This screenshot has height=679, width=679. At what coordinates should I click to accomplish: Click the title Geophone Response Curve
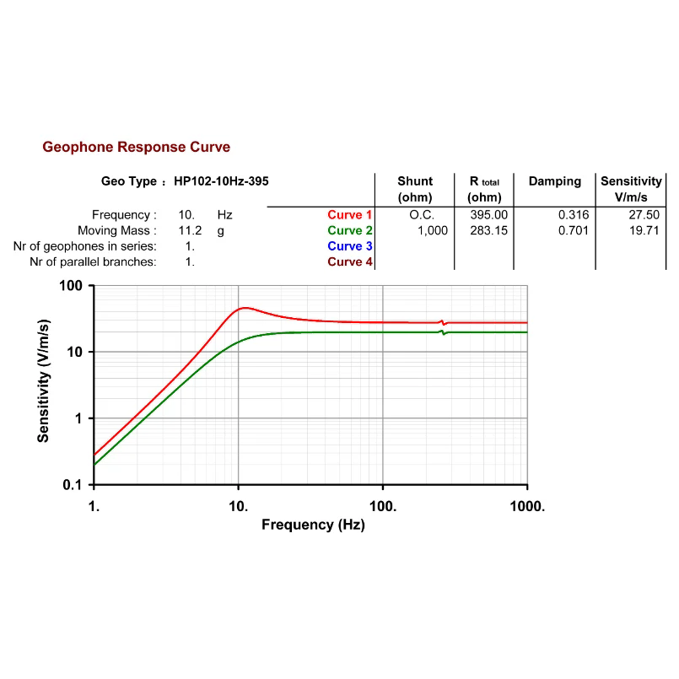point(136,148)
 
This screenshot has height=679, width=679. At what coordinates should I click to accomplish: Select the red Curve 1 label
point(350,215)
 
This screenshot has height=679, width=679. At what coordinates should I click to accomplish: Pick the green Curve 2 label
point(350,230)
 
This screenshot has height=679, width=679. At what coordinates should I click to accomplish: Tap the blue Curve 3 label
point(350,246)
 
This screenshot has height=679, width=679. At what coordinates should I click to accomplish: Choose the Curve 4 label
point(350,261)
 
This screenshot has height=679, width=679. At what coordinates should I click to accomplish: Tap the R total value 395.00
point(488,215)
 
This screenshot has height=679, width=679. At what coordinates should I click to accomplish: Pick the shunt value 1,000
point(433,230)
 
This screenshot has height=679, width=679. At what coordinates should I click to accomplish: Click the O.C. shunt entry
point(422,215)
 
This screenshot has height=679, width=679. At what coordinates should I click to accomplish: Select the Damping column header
point(554,181)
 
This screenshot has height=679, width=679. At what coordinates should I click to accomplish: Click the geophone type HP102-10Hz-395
point(222,181)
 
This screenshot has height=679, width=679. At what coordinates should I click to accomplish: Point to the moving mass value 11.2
point(190,230)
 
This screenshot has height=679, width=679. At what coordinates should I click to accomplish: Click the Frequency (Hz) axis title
point(313,525)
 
